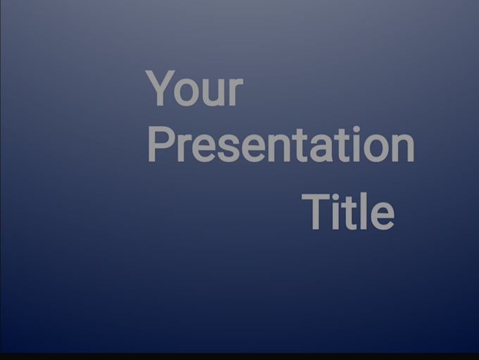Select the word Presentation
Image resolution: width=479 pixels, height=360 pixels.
tap(280, 145)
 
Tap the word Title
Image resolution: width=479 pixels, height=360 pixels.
tap(348, 211)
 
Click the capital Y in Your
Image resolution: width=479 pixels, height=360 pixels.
tap(160, 89)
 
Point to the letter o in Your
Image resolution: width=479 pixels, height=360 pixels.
tap(187, 93)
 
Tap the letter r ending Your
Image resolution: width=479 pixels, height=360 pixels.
tap(236, 92)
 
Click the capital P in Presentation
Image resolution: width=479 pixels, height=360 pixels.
tap(160, 144)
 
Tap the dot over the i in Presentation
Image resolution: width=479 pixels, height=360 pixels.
tap(355, 130)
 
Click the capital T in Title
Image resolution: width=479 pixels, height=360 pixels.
tap(316, 211)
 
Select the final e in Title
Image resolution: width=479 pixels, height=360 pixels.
tap(381, 215)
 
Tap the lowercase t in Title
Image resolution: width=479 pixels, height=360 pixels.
tap(350, 212)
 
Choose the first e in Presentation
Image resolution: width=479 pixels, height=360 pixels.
tap(203, 149)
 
